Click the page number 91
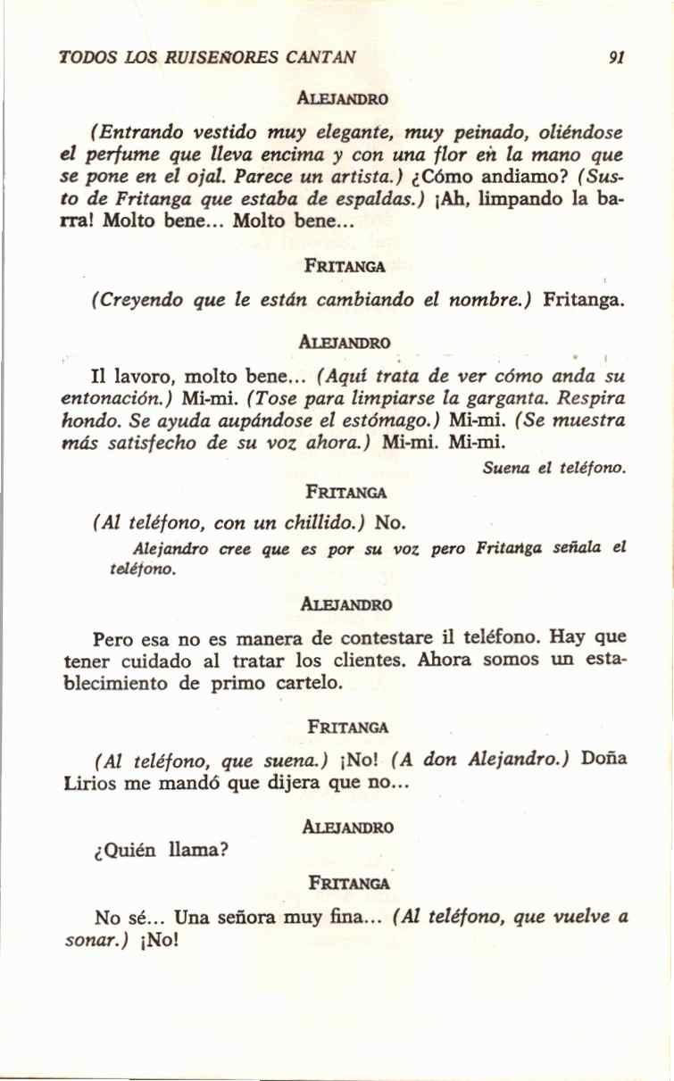pos(615,59)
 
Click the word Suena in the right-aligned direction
pos(506,467)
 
